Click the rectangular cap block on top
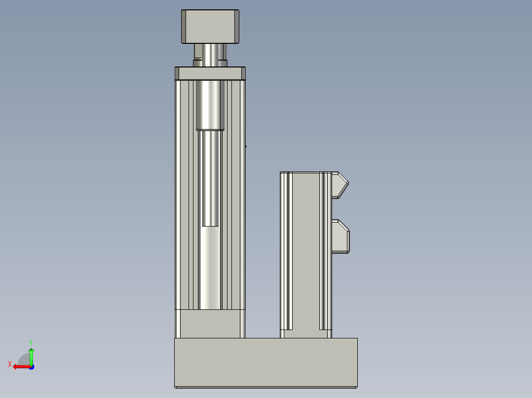tap(210, 27)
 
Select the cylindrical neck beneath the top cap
tap(210, 55)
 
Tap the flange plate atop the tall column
tap(210, 73)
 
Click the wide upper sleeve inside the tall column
tap(210, 105)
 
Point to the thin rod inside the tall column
tap(210, 178)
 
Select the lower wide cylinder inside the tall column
tap(210, 267)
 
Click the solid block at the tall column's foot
tap(210, 324)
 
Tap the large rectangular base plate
tap(266, 363)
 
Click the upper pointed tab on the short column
tap(340, 185)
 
